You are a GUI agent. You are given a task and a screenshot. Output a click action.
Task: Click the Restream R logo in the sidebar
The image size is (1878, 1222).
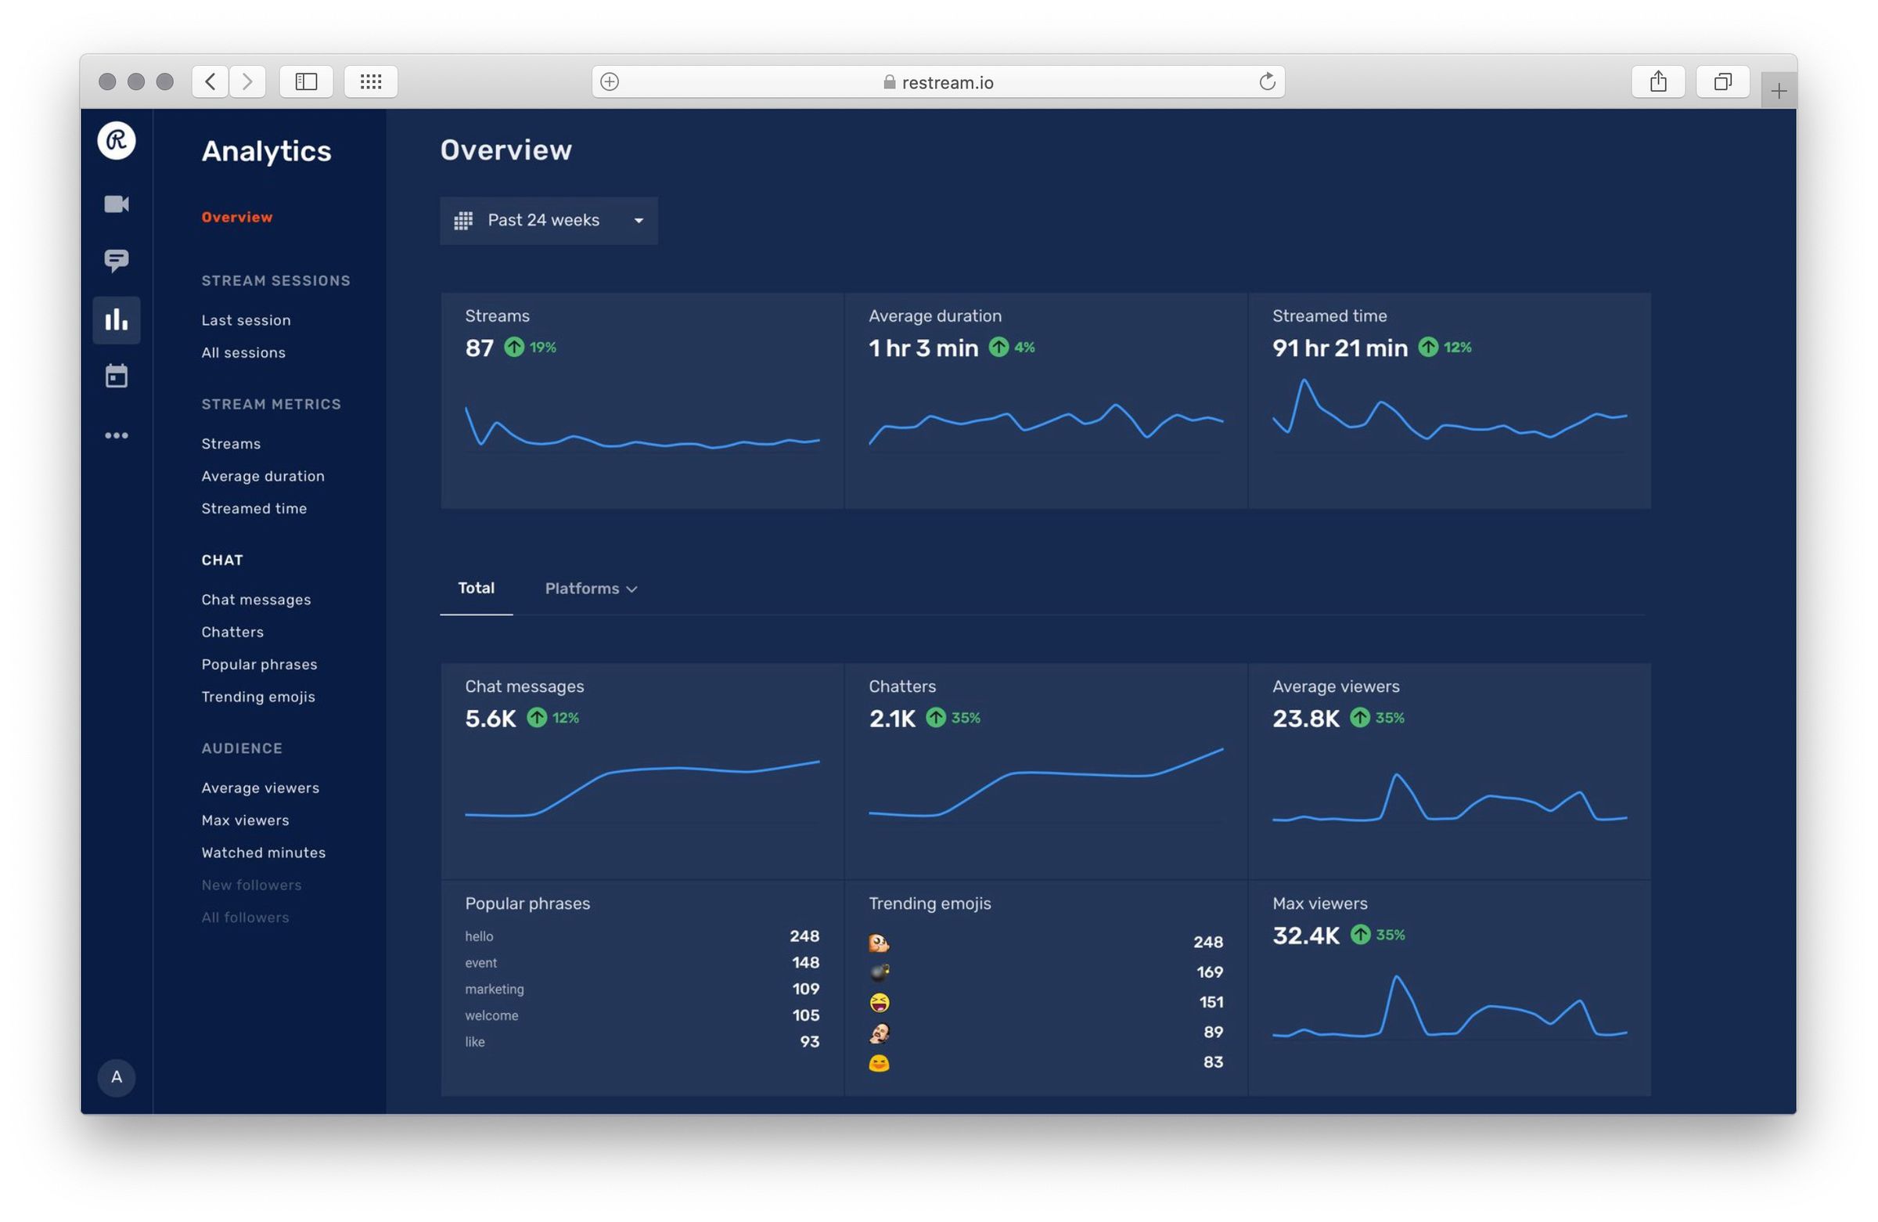pos(116,140)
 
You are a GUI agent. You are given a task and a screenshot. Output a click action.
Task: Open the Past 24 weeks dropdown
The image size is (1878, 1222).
pos(549,220)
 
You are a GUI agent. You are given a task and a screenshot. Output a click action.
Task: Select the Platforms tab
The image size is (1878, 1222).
pos(590,589)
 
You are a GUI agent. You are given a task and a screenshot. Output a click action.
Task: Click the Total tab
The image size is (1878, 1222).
pos(476,588)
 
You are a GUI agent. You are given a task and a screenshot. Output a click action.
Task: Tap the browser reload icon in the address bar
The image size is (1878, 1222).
pos(1266,81)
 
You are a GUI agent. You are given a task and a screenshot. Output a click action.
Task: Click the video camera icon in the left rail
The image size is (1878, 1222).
pos(116,204)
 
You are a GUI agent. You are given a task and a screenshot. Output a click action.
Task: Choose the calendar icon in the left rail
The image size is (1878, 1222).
pos(116,376)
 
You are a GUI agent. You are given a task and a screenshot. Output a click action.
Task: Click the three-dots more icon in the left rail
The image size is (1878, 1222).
pos(116,436)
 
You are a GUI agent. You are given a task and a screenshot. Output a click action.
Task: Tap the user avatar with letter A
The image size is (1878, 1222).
pos(116,1077)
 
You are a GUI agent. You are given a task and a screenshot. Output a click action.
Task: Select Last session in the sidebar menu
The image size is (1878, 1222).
pos(246,320)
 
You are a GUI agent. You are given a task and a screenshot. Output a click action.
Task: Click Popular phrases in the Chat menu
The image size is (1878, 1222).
pos(259,665)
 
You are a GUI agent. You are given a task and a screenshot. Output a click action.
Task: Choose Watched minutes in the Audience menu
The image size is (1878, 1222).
pos(263,853)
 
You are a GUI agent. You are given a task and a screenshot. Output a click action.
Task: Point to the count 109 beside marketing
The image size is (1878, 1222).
pos(805,989)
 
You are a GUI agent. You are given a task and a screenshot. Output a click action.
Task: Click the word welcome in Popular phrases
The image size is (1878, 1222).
pos(491,1016)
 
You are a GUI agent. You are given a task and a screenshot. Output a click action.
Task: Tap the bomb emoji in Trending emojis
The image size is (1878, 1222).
pos(879,972)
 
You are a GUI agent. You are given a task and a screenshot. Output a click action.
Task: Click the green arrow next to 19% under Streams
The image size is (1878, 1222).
pos(513,348)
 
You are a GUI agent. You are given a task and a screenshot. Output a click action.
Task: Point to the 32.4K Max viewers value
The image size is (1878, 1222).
pos(1305,936)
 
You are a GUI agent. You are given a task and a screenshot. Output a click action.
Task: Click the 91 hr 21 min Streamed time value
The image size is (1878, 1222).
pos(1339,348)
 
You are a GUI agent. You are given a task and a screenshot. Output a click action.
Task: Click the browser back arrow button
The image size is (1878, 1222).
pos(210,81)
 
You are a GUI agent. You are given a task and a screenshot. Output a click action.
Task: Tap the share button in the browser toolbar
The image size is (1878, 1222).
pos(1657,81)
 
